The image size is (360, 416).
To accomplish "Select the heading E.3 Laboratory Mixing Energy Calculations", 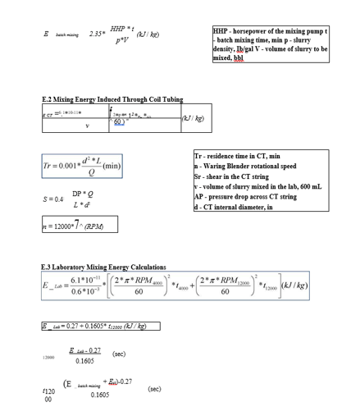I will coord(103,267).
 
